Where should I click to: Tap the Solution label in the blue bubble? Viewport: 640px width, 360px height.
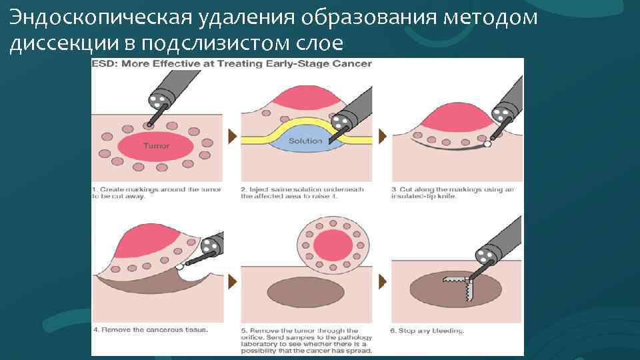pos(305,141)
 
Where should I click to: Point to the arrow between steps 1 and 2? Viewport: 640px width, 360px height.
pos(232,137)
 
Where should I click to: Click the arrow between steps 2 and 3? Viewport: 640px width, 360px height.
pos(383,137)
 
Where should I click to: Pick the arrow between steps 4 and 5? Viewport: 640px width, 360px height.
pos(232,281)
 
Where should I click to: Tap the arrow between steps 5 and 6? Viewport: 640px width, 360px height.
pos(383,281)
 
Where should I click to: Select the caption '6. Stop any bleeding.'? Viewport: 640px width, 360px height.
pos(427,331)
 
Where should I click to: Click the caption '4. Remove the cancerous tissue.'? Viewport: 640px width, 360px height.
pos(150,329)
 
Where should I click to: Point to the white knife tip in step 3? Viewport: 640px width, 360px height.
pos(487,143)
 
